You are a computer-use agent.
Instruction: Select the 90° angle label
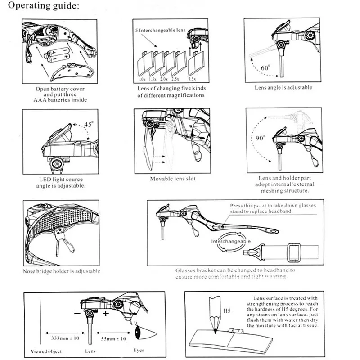pos(261,137)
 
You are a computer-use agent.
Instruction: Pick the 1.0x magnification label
pos(142,79)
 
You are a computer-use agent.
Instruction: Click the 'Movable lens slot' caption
pos(173,179)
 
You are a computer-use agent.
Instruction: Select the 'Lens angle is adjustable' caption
pos(283,88)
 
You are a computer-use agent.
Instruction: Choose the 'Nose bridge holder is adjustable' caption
pos(62,271)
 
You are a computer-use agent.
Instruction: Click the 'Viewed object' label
pos(46,351)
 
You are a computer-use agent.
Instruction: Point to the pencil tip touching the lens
pos(215,332)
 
